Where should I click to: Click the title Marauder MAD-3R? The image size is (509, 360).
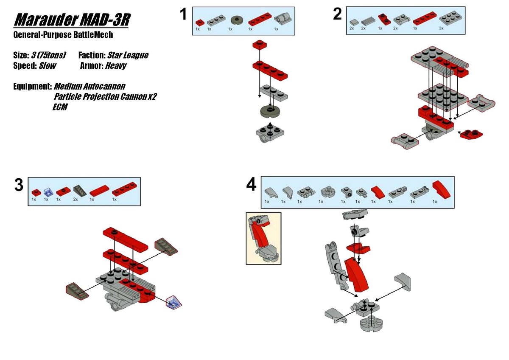click(71, 20)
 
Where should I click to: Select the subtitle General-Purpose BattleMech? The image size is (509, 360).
click(63, 35)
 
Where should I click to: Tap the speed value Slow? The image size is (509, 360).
click(47, 66)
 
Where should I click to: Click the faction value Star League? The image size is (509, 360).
click(128, 55)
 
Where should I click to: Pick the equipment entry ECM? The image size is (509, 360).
click(60, 107)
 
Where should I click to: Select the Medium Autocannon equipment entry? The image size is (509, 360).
click(89, 87)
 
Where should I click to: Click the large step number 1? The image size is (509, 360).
click(183, 15)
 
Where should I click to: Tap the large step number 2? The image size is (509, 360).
click(337, 15)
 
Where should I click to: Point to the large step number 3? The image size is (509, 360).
click(19, 186)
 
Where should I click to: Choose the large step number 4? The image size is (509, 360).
click(251, 185)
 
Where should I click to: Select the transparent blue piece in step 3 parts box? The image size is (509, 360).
click(48, 192)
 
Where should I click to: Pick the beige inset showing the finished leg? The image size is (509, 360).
click(263, 238)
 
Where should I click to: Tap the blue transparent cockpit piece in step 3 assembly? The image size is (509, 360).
click(174, 302)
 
